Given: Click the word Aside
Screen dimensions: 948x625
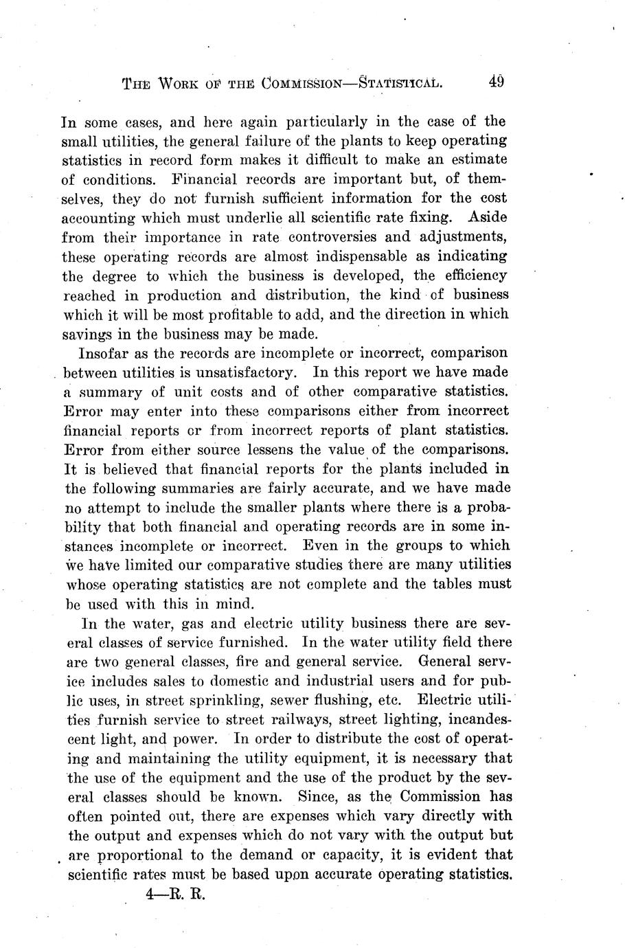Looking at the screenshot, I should tap(486, 218).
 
